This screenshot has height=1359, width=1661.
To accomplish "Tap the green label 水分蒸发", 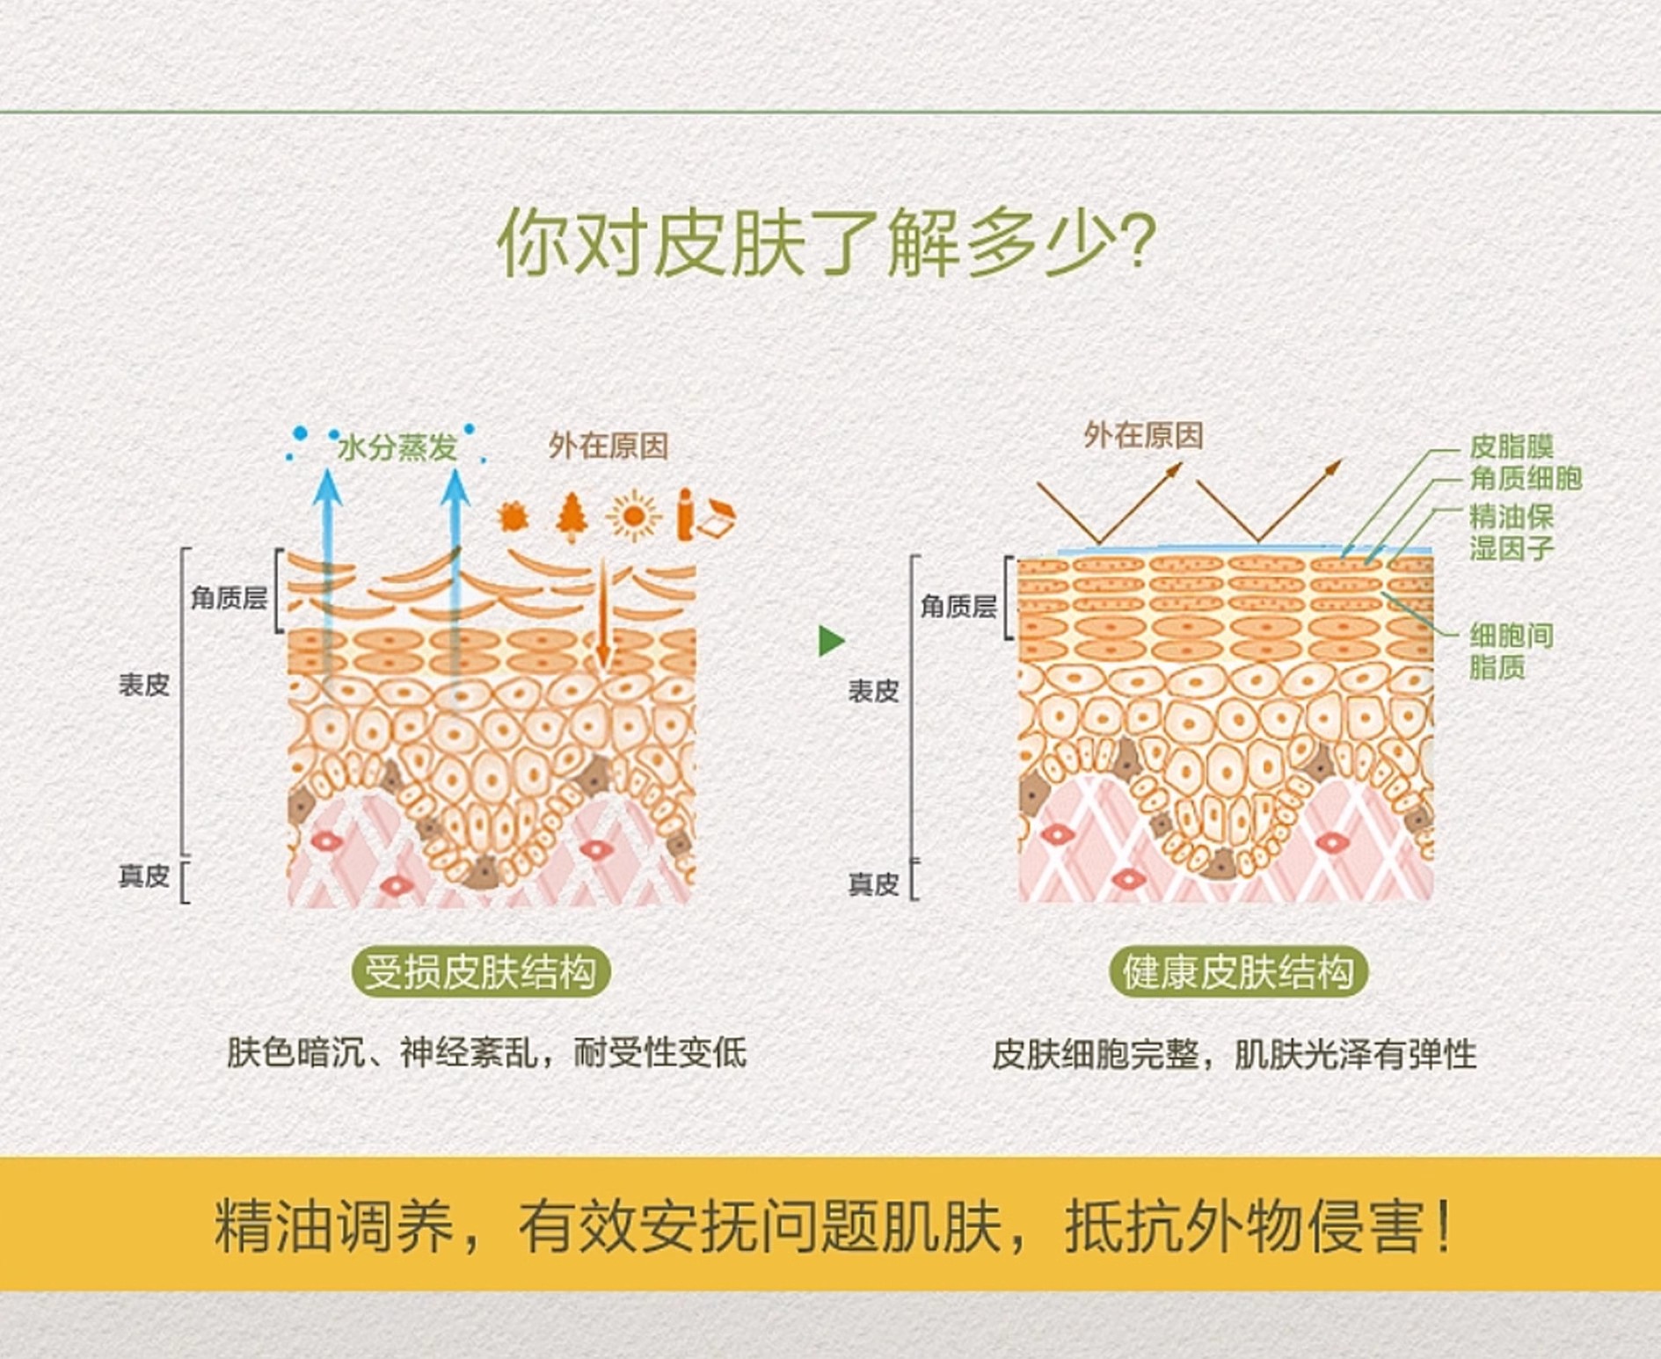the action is (x=397, y=447).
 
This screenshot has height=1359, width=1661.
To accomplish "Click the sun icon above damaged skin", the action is (x=632, y=515).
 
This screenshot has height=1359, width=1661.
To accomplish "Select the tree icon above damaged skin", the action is (x=572, y=516).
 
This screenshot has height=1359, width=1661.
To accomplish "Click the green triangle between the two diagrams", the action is (x=831, y=640).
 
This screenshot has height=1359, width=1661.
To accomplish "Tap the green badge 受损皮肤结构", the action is (x=481, y=972).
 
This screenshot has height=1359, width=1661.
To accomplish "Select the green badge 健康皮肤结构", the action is (x=1238, y=972).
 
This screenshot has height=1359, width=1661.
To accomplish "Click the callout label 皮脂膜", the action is (x=1512, y=447).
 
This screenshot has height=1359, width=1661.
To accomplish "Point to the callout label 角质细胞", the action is (x=1526, y=478).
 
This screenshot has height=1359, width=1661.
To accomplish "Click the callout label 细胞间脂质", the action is (x=1512, y=650).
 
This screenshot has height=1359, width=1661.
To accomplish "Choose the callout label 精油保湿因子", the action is (x=1512, y=532).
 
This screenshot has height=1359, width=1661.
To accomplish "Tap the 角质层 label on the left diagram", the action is (x=229, y=599).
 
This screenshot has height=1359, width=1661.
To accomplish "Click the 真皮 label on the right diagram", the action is (x=873, y=883).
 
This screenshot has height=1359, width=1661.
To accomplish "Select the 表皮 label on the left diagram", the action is (x=144, y=685).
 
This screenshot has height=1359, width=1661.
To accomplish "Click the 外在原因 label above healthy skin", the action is (x=1143, y=435).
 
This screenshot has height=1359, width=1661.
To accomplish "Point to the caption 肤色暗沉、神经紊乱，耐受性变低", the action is (x=487, y=1052).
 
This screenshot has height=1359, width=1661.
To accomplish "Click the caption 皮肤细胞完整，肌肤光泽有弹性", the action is (x=1235, y=1054).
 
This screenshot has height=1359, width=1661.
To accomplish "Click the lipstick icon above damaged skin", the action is (x=685, y=514).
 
